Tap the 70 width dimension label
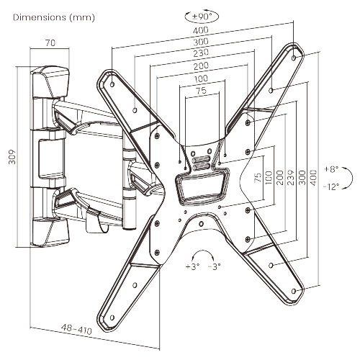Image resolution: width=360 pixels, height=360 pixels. point(50,43)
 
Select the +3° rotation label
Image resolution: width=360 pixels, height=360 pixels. point(192,266)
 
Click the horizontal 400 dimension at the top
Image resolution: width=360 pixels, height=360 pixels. point(203,31)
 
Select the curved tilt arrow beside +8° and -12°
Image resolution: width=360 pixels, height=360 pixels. point(349,178)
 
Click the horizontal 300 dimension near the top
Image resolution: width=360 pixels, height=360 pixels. point(203,42)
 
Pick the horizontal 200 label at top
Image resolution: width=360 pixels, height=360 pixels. point(203,66)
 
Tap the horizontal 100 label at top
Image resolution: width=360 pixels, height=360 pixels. point(203,78)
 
